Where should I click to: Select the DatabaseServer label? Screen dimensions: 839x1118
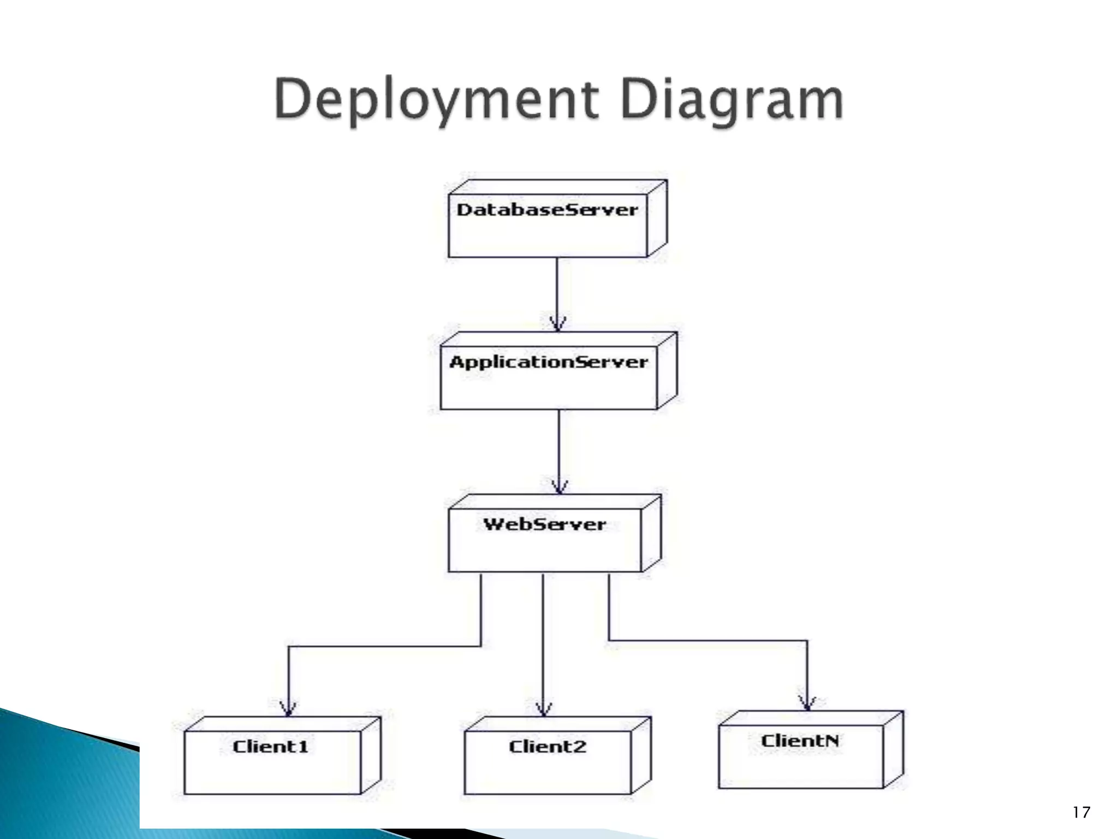547,210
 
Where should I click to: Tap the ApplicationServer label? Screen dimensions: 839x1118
549,362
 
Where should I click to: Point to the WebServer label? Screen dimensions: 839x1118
545,524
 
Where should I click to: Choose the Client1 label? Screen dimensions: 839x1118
271,747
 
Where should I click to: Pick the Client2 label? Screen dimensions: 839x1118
548,747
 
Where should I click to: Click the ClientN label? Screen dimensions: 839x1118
800,741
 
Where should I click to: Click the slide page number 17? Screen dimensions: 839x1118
1081,813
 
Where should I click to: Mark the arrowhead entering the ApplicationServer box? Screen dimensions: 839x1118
557,324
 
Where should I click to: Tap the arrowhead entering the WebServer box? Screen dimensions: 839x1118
560,487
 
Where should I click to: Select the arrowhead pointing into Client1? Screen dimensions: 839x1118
288,708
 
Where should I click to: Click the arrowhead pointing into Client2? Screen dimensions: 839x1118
543,708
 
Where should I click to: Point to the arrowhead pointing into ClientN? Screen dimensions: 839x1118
807,703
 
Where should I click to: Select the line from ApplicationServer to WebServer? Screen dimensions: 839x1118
559,445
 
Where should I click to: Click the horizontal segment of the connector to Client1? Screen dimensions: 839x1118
385,647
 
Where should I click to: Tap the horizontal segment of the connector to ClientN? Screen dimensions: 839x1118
708,640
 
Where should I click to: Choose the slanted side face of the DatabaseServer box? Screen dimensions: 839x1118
657,218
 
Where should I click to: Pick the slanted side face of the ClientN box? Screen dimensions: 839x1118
893,749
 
